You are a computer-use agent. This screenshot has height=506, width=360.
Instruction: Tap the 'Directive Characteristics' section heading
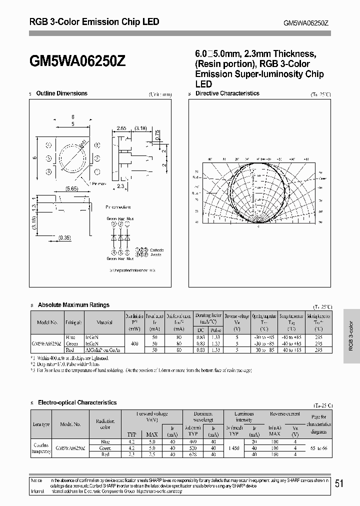(x=227, y=93)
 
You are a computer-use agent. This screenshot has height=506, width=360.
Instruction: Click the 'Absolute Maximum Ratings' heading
(x=73, y=305)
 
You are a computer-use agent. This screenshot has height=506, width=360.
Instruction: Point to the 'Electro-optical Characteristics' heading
(x=77, y=402)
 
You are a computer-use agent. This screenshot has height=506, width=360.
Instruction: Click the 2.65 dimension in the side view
(x=121, y=128)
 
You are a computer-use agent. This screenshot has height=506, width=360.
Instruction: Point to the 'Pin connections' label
(x=118, y=206)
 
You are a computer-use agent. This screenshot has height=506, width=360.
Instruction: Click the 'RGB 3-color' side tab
(x=351, y=335)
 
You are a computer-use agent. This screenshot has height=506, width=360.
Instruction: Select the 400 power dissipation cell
(x=134, y=344)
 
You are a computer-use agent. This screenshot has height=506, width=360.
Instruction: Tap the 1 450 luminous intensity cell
(x=230, y=448)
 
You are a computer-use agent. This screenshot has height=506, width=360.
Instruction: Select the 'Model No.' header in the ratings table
(x=47, y=323)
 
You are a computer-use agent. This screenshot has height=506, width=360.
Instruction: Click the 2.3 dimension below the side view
(x=120, y=185)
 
